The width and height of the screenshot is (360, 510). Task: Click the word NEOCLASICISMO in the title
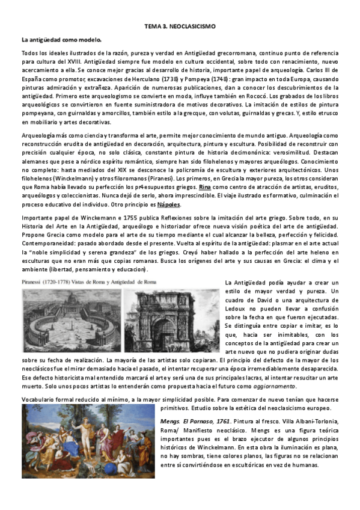tap(194, 28)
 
